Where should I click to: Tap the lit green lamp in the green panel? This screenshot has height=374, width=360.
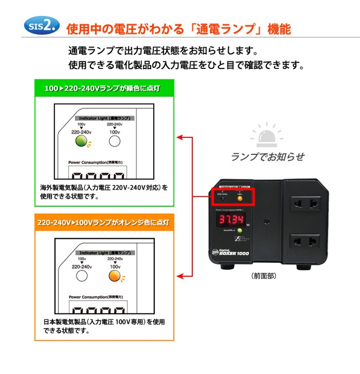point(81,141)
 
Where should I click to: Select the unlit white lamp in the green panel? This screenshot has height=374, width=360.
point(114,141)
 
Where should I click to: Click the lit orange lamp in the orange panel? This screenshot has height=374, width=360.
point(114,276)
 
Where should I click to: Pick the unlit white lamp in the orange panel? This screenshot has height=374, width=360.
point(81,276)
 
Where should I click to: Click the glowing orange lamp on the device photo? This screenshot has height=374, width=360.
point(240,199)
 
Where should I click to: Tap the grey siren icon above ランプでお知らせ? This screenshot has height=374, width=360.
point(267,136)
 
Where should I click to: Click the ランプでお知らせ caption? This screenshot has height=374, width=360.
point(267,157)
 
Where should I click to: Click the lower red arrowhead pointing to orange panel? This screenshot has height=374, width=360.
point(180,276)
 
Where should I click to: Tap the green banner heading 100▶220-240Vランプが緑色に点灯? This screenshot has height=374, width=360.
point(105,88)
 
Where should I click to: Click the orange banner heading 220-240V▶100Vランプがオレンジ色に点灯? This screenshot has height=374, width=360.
point(105,222)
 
